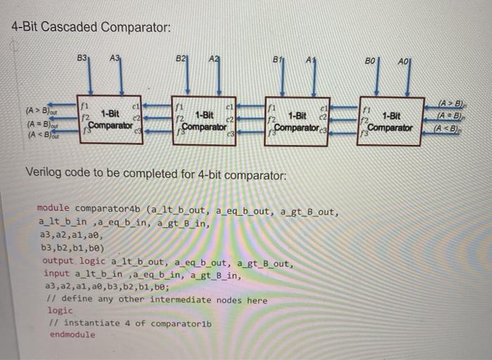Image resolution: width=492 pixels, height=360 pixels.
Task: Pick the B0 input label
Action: click(x=371, y=62)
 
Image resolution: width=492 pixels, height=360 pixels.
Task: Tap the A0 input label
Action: click(x=403, y=62)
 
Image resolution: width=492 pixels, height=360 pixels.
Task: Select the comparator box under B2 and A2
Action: click(x=207, y=119)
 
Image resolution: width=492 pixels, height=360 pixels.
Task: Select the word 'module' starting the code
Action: click(x=53, y=210)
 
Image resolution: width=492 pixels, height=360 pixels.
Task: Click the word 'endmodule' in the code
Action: click(x=71, y=335)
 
